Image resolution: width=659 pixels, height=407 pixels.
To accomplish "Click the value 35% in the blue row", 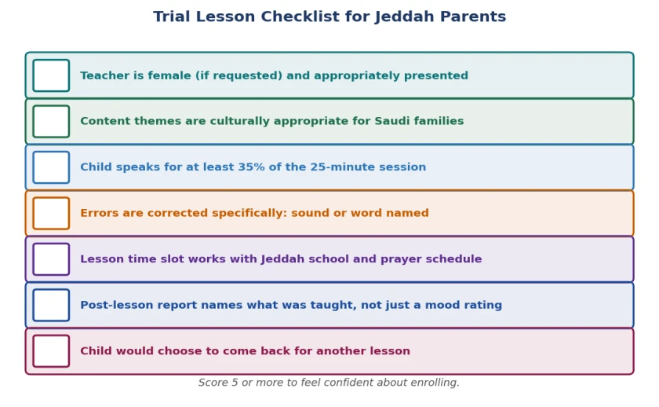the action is pyautogui.click(x=251, y=167).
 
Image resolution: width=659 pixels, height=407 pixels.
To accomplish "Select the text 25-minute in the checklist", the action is pyautogui.click(x=342, y=167).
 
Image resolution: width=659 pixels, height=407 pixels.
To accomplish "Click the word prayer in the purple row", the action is pyautogui.click(x=401, y=258).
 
